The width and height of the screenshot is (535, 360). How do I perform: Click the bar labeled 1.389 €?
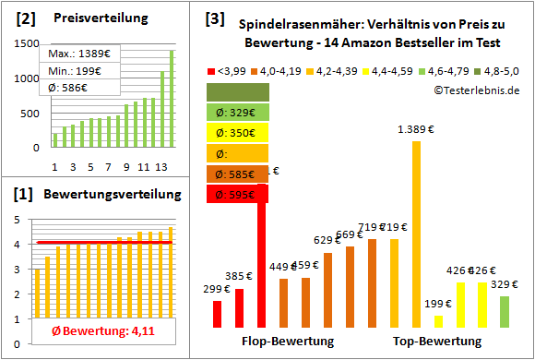(416, 234)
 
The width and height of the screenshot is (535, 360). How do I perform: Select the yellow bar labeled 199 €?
(438, 321)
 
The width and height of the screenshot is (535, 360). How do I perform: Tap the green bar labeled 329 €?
(505, 311)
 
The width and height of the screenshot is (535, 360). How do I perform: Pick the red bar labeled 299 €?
(217, 314)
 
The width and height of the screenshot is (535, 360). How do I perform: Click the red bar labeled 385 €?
(239, 308)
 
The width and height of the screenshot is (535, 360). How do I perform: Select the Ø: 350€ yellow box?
(237, 133)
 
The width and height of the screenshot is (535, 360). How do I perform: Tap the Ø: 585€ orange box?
(237, 174)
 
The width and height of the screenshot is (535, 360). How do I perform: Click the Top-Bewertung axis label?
(437, 342)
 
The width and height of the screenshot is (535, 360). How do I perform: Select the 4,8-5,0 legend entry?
(503, 70)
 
